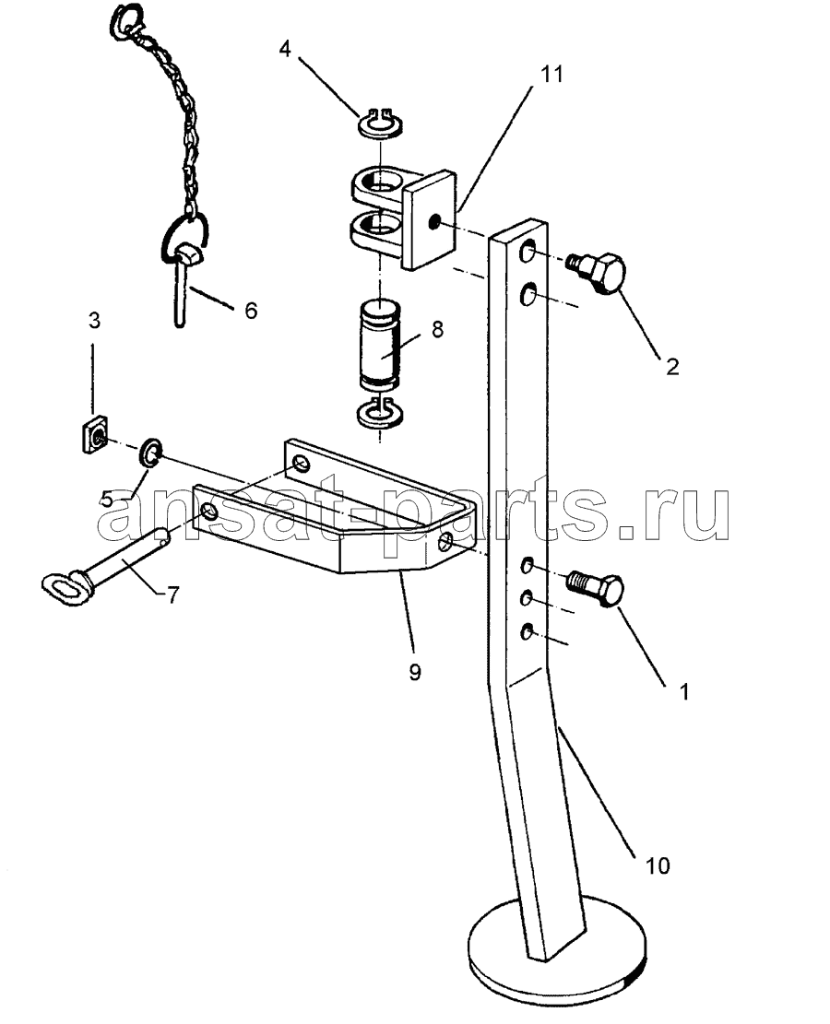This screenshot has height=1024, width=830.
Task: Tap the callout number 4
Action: tap(285, 48)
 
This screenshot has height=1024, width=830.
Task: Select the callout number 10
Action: tap(658, 866)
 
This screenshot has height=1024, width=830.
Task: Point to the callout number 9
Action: tap(415, 672)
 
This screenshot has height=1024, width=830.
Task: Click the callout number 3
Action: tap(95, 321)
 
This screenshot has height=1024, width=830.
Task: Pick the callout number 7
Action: tap(172, 594)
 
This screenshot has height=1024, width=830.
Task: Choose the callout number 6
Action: tap(251, 311)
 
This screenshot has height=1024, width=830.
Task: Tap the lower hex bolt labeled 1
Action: tap(596, 588)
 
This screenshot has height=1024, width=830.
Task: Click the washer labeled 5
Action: tap(151, 453)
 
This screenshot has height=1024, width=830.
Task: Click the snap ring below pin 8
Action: tap(380, 413)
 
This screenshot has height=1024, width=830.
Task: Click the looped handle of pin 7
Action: tap(64, 583)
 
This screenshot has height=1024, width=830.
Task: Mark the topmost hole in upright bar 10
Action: tap(528, 252)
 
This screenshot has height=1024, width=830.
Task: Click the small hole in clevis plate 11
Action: tap(433, 224)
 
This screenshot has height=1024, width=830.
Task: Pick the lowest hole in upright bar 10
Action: tap(528, 630)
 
